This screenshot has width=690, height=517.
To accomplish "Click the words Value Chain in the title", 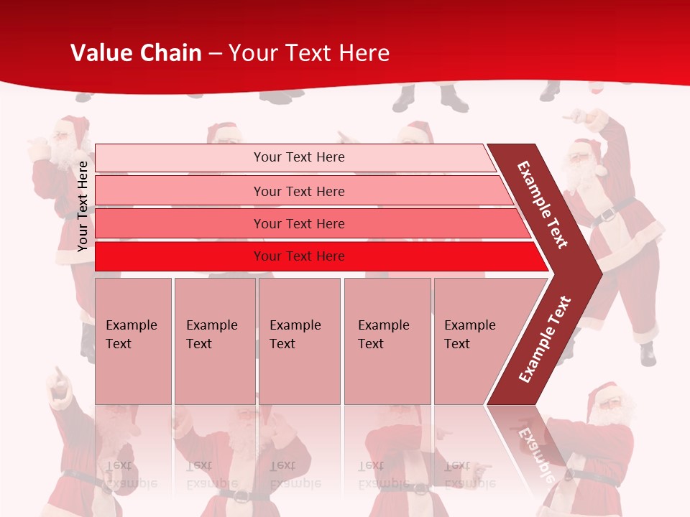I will [136, 53].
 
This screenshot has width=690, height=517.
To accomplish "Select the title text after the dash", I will [309, 53].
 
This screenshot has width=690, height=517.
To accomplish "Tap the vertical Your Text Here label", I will [83, 206].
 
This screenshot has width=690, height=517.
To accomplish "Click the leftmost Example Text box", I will [133, 340].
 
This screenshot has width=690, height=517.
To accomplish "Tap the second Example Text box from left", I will [214, 340].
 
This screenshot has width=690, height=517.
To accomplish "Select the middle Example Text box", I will [299, 340].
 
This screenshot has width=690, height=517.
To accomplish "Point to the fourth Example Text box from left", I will [387, 340].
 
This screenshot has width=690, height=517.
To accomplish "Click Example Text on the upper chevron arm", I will [543, 205].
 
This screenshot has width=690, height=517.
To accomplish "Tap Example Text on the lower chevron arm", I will [545, 339].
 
